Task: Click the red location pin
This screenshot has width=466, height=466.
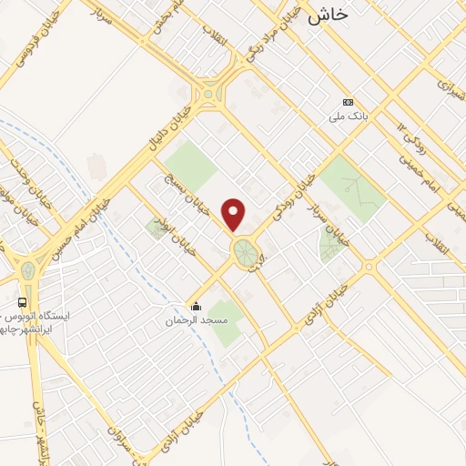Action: tap(235, 214)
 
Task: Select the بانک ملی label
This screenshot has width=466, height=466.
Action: tap(348, 117)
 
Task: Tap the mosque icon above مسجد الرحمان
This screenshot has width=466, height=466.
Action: tap(194, 307)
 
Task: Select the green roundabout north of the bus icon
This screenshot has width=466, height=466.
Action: tap(28, 270)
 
